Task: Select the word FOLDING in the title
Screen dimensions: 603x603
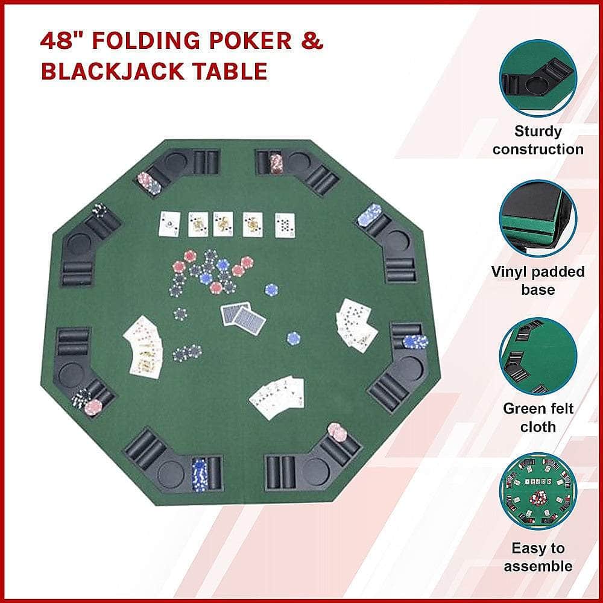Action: [147, 41]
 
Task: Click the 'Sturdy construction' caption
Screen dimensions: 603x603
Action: [538, 140]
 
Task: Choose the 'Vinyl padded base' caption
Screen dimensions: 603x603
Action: [538, 280]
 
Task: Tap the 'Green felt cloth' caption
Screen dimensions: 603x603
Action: [538, 418]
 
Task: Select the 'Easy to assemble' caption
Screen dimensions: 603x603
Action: [538, 557]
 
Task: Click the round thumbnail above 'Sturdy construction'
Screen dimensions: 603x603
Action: [538, 78]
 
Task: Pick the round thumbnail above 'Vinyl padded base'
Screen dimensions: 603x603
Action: [538, 218]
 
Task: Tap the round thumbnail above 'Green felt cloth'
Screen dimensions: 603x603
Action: [538, 356]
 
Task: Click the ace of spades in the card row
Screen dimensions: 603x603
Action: [169, 224]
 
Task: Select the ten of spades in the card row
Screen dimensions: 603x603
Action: [285, 226]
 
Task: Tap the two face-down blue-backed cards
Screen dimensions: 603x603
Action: [244, 315]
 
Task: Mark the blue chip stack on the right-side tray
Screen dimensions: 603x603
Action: [415, 341]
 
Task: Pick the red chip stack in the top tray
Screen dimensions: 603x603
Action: [276, 163]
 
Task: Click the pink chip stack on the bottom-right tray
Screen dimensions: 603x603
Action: [337, 432]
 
